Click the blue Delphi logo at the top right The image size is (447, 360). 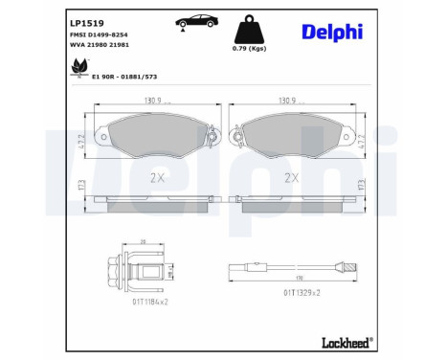click(x=332, y=31)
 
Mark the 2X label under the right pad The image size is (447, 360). click(x=291, y=178)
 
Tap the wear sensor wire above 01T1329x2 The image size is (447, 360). click(x=293, y=269)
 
